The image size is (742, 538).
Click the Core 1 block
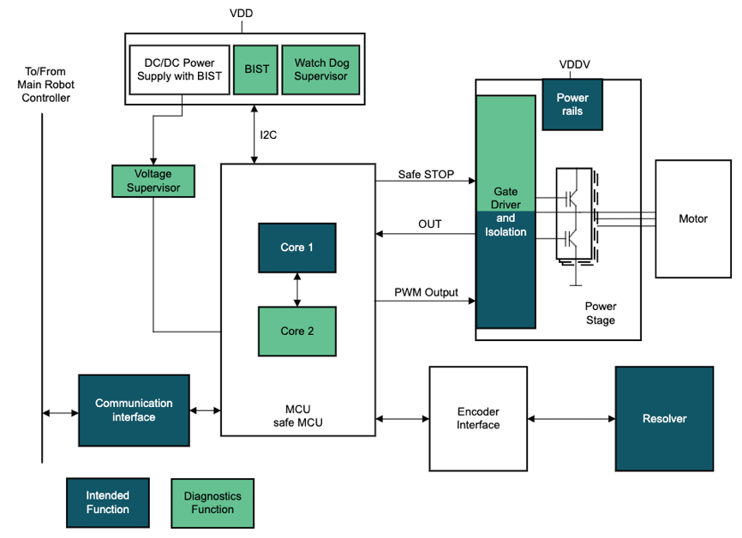pos(297,248)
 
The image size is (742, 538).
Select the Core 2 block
pos(297,331)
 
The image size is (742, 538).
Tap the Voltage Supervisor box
pos(153,180)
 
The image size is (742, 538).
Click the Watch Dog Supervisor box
pos(321,69)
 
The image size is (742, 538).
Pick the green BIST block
pos(254,69)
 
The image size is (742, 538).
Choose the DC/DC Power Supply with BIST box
pos(179,69)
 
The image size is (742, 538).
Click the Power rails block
pos(571,104)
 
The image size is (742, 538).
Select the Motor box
pos(693,218)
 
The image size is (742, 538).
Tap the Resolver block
pos(664,419)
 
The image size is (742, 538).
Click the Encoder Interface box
pos(478,419)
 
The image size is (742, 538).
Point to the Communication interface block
pos(134,410)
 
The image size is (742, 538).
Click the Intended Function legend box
pos(108,502)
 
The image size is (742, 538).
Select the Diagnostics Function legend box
pos(212,502)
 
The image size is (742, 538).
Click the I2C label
pos(270,135)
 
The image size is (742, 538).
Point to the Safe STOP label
pos(426,174)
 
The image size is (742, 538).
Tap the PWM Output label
pos(426,292)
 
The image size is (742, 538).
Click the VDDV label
pos(573,64)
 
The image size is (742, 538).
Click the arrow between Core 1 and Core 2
pos(297,289)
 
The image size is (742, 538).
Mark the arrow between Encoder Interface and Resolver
pos(571,419)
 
